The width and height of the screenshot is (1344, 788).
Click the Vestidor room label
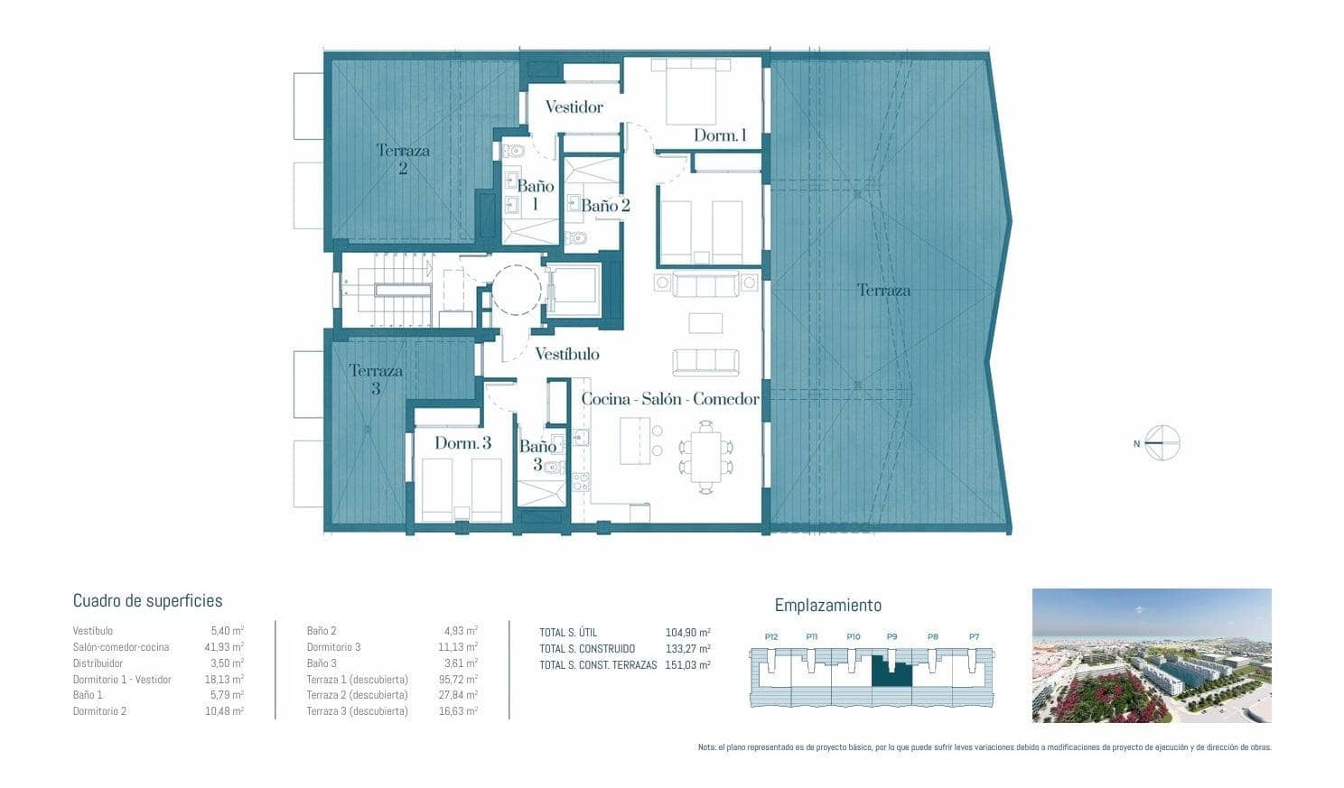[x=574, y=107]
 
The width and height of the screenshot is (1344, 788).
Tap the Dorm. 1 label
[x=720, y=135]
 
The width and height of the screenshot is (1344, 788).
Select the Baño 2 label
[x=605, y=206]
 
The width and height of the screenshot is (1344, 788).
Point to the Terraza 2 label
[x=403, y=159]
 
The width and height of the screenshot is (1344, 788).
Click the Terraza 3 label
[x=376, y=379]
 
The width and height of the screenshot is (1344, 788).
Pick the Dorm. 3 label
[x=462, y=443]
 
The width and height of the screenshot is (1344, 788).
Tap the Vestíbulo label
[x=566, y=354]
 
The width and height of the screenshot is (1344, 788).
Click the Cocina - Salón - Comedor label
[x=669, y=399]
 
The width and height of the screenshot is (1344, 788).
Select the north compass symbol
[x=1162, y=443]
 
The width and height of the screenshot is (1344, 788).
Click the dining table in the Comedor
[x=706, y=454]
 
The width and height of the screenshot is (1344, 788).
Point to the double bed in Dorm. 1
[x=691, y=92]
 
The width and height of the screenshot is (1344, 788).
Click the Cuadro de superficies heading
[x=147, y=601]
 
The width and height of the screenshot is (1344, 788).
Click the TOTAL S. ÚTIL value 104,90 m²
[x=687, y=633]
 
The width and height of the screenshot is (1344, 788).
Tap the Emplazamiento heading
[x=827, y=606]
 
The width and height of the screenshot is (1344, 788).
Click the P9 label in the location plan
[x=891, y=636]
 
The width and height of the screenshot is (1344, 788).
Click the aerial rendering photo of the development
[x=1152, y=655]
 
